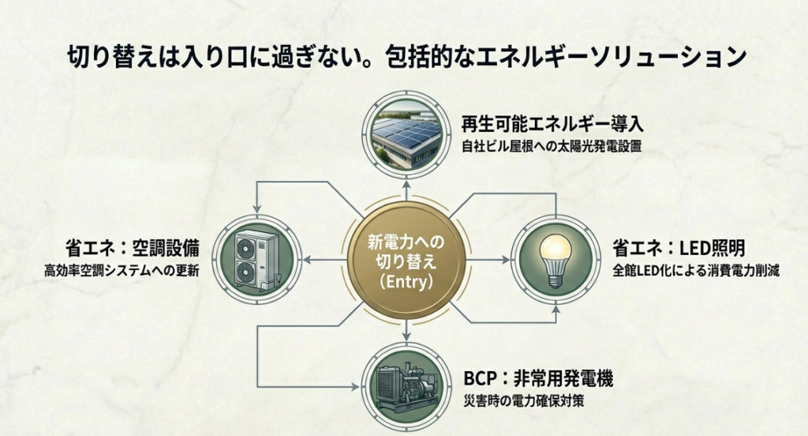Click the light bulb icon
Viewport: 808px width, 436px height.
[555, 257]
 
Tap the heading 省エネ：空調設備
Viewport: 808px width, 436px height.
[133, 249]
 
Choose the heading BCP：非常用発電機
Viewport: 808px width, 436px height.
[538, 378]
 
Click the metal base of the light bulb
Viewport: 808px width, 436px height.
[555, 276]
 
